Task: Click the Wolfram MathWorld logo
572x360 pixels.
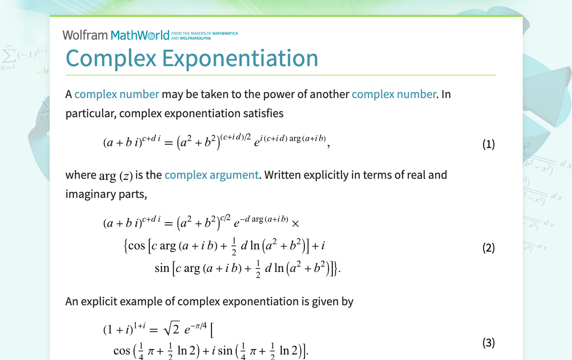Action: pyautogui.click(x=150, y=35)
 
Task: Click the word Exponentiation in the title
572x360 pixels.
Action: pyautogui.click(x=240, y=58)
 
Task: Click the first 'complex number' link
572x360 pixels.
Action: pyautogui.click(x=117, y=94)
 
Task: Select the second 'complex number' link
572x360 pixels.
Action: pyautogui.click(x=394, y=94)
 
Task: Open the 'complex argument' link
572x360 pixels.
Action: pyautogui.click(x=211, y=175)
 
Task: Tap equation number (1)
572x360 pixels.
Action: pyautogui.click(x=488, y=144)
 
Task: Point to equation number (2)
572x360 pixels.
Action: pyautogui.click(x=488, y=248)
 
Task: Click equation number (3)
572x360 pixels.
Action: pyautogui.click(x=488, y=343)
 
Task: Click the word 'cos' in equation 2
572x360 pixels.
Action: pyautogui.click(x=136, y=246)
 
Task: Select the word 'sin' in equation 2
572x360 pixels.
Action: pyautogui.click(x=162, y=268)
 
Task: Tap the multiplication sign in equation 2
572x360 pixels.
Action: pyautogui.click(x=295, y=224)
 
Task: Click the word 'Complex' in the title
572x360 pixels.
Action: pyautogui.click(x=111, y=58)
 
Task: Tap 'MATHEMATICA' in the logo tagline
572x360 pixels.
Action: pyautogui.click(x=225, y=33)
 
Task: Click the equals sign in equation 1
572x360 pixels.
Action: pyautogui.click(x=168, y=143)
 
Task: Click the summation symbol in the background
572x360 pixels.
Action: pyautogui.click(x=8, y=55)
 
